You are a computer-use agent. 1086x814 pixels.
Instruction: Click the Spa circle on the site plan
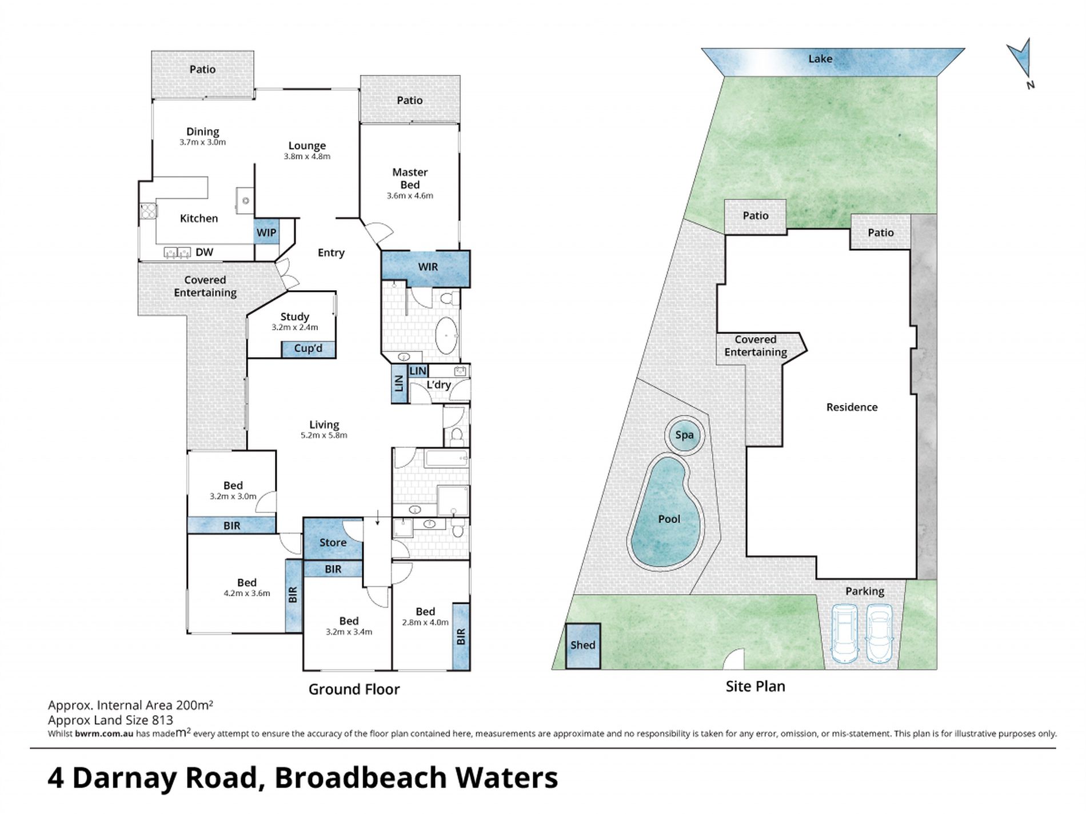(x=684, y=435)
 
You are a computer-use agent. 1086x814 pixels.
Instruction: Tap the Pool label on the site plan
(x=669, y=519)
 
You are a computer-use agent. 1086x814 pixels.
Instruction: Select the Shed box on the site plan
(x=582, y=645)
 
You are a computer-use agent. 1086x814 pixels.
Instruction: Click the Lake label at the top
(x=820, y=59)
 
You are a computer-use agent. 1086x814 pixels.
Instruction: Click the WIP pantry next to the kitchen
(x=266, y=232)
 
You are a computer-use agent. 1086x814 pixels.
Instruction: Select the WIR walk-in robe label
(x=428, y=267)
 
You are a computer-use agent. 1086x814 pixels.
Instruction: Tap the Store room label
(x=333, y=543)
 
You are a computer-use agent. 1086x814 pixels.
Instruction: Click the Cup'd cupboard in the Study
(x=308, y=349)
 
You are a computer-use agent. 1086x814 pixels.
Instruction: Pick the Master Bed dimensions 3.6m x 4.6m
(x=410, y=195)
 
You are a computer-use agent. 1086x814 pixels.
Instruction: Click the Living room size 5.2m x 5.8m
(x=324, y=435)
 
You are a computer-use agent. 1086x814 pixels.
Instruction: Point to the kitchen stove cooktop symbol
(x=148, y=211)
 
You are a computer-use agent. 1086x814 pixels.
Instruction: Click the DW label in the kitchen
(x=204, y=252)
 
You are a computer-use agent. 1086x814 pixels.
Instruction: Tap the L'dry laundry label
(x=439, y=385)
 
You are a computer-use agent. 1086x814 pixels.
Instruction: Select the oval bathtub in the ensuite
(x=446, y=336)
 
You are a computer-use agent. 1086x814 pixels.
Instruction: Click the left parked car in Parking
(x=844, y=633)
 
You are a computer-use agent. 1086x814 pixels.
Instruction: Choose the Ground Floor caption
(x=354, y=689)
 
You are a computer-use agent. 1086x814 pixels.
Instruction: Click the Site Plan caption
(x=755, y=687)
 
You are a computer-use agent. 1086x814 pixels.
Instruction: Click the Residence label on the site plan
(x=852, y=407)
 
